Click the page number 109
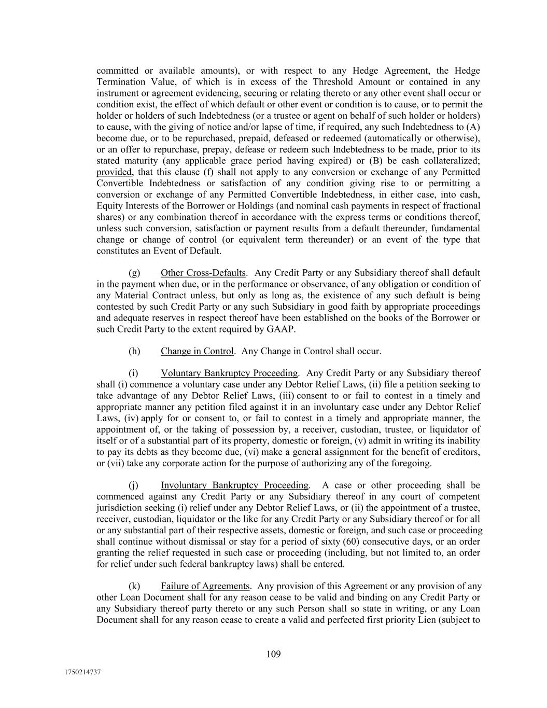tap(273, 654)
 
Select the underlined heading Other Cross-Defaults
tap(203, 273)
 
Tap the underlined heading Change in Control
tap(197, 351)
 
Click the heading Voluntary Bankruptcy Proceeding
tap(229, 373)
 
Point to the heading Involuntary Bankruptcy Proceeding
tap(234, 485)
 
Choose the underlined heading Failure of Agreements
tap(205, 587)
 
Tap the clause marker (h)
tap(134, 351)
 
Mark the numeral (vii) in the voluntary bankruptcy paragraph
tap(116, 463)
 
